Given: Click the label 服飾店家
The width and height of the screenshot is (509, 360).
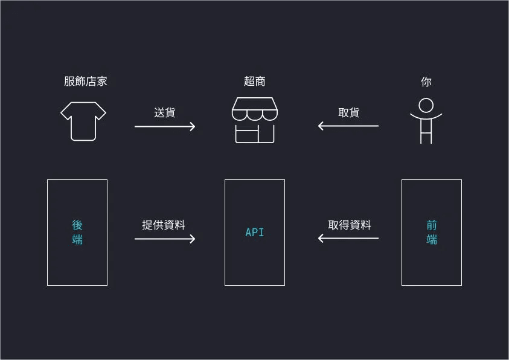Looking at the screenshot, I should point(86,82).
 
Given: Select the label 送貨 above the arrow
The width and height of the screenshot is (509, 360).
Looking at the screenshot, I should point(165,112).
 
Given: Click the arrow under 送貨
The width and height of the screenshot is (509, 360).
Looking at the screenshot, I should point(165,126).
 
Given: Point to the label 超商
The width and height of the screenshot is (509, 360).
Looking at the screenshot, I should point(254,82).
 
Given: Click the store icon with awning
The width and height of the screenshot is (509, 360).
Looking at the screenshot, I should point(254,120).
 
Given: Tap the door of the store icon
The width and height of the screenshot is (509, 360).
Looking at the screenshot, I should point(266,135).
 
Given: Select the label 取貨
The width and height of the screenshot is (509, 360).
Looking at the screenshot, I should point(349,112).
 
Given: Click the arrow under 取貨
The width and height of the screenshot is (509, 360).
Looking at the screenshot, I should point(348,126).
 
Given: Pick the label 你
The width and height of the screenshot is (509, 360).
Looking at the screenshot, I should point(426,82).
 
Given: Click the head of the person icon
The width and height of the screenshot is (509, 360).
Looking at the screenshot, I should point(426,105).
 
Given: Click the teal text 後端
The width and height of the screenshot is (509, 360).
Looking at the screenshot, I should point(77,232).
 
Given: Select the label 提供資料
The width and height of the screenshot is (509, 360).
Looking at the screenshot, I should point(164,225).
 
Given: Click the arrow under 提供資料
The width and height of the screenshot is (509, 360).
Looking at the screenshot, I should point(165,239).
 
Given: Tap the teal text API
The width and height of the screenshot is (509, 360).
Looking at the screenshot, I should point(254,233).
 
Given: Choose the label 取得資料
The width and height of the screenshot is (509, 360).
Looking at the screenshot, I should point(350,225).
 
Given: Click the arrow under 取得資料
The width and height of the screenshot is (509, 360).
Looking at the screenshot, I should point(348,239).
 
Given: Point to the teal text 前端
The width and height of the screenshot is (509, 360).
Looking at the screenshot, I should point(432,232).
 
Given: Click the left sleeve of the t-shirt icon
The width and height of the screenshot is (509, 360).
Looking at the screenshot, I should point(66,113).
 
